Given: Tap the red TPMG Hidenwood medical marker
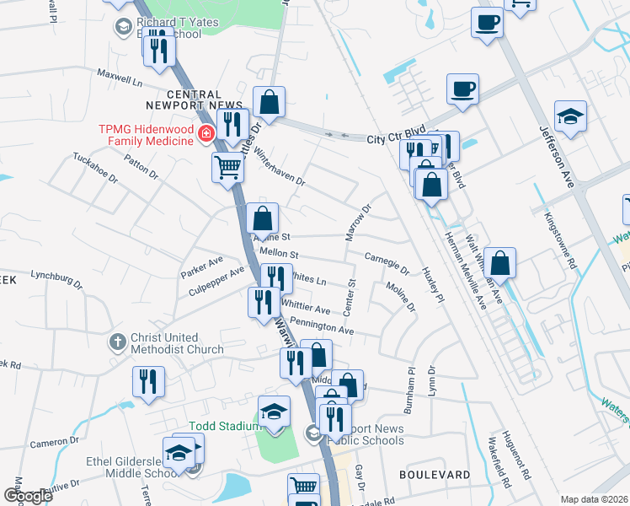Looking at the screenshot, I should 204,133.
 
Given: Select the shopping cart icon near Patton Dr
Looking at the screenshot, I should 227,168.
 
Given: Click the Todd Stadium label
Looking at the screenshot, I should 224,426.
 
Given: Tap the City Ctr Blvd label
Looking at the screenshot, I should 396,137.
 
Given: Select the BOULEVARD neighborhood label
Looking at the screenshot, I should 435,475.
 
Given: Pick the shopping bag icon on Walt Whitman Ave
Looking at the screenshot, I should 499,262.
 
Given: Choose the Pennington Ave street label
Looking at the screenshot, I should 320,326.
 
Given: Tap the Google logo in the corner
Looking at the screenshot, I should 27,496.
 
